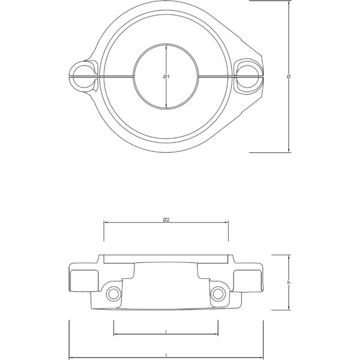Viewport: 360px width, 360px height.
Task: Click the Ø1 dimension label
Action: pos(167,77)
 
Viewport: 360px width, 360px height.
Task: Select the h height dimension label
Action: pos(289,282)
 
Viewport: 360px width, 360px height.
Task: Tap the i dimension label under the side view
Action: pos(166,331)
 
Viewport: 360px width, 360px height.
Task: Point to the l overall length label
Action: pos(166,355)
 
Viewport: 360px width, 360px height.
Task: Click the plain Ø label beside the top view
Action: pos(289,76)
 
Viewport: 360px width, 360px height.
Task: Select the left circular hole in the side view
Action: pos(113,293)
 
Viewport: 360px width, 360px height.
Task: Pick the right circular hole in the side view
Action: pos(218,293)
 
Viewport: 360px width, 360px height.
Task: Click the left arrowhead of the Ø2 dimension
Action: pos(106,223)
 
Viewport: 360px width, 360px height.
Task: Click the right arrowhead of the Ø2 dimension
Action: pos(227,223)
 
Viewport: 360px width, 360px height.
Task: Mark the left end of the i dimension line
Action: pos(114,334)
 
